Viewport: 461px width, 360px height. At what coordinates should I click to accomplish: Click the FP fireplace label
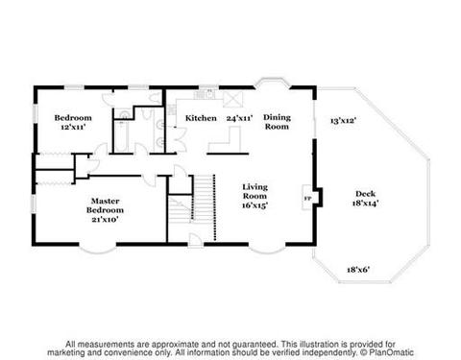click(x=307, y=199)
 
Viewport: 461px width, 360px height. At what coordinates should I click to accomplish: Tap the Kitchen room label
click(x=201, y=118)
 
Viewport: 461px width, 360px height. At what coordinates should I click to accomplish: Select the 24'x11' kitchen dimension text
click(x=239, y=118)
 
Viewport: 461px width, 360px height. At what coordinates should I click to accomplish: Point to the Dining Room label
click(x=277, y=122)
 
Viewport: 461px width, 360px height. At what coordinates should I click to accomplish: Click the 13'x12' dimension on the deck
click(x=343, y=121)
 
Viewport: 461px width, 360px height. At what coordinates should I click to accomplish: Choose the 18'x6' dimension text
click(x=358, y=270)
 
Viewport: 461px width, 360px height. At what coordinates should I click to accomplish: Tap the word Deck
click(x=365, y=194)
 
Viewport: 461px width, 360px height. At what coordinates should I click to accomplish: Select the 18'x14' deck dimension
click(x=365, y=203)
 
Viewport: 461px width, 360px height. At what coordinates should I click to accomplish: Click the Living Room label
click(x=255, y=191)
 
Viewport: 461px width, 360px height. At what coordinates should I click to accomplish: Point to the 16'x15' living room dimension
click(x=255, y=205)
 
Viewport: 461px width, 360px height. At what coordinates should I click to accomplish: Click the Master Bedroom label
click(x=105, y=205)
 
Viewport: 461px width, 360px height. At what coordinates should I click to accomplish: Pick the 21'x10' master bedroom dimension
click(x=105, y=220)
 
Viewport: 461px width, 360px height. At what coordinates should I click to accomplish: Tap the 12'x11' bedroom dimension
click(x=73, y=127)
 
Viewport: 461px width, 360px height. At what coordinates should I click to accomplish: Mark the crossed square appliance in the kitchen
click(x=232, y=100)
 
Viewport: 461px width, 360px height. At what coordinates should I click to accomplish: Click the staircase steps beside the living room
click(x=204, y=199)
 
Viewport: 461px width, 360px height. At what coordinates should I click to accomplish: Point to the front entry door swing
click(x=195, y=240)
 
